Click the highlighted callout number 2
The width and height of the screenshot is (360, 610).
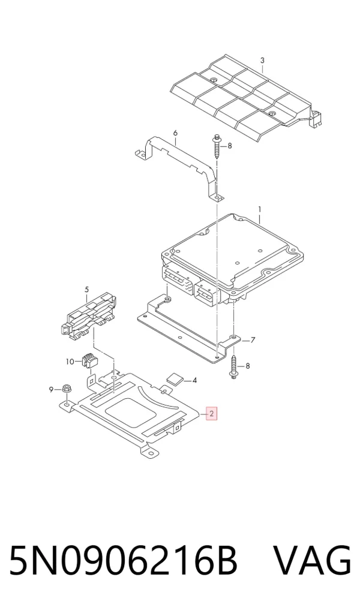click(x=211, y=414)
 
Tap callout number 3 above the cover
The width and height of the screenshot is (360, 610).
click(x=262, y=61)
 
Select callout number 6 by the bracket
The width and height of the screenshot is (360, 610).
click(x=175, y=133)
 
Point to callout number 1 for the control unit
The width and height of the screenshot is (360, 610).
click(x=260, y=210)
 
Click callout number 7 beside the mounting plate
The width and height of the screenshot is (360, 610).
click(x=253, y=341)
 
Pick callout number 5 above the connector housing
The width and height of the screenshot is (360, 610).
click(x=87, y=290)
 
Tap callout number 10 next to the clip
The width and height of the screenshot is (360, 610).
click(x=70, y=362)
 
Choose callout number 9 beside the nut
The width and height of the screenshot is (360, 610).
click(x=51, y=389)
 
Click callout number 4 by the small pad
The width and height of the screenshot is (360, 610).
click(x=194, y=380)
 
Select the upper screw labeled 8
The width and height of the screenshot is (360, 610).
click(x=217, y=147)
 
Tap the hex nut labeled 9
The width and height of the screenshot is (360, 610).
click(x=67, y=389)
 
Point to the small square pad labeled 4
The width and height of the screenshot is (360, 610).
click(x=174, y=378)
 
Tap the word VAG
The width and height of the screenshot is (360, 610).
click(x=313, y=560)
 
